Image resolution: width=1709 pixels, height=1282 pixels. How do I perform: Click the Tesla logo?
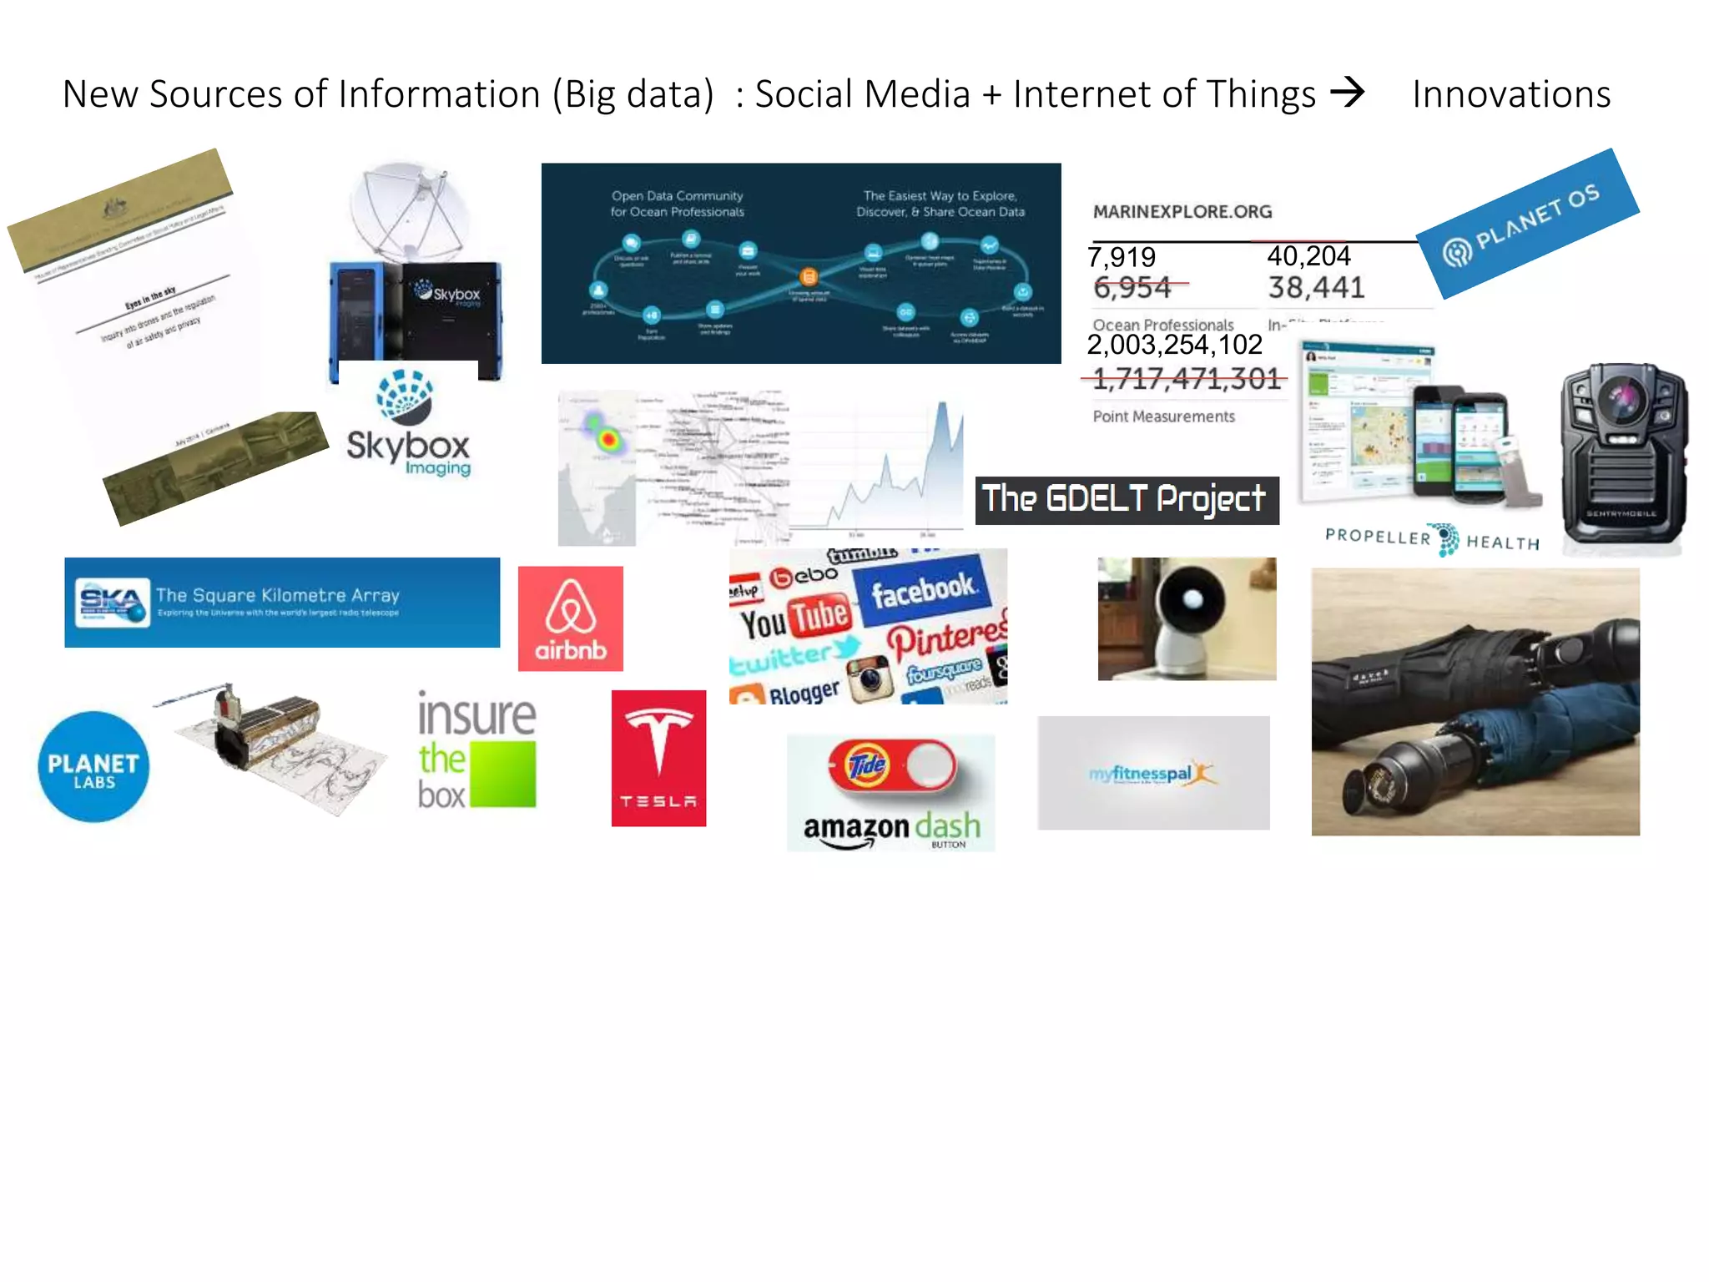[x=658, y=758]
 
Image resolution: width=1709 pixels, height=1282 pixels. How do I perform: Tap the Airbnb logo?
[x=571, y=618]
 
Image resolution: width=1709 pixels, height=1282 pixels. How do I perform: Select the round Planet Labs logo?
[x=93, y=766]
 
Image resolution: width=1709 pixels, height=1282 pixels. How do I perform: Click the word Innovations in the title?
[x=1511, y=94]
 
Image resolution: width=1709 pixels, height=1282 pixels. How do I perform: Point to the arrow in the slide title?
[x=1347, y=92]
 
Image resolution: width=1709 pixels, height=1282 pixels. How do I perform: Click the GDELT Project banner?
[x=1127, y=500]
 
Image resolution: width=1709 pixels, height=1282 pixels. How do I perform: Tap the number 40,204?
[x=1308, y=255]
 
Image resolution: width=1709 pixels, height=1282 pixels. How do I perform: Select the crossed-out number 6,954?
[x=1132, y=288]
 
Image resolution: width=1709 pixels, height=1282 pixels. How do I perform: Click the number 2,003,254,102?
[x=1174, y=345]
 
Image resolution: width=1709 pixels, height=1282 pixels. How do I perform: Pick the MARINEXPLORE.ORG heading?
[x=1182, y=212]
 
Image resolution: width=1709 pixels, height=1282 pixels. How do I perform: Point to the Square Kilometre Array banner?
[x=282, y=603]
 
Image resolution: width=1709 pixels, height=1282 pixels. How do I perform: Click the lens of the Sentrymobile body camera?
[x=1622, y=399]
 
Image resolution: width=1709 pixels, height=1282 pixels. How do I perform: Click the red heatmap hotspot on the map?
[x=608, y=438]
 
